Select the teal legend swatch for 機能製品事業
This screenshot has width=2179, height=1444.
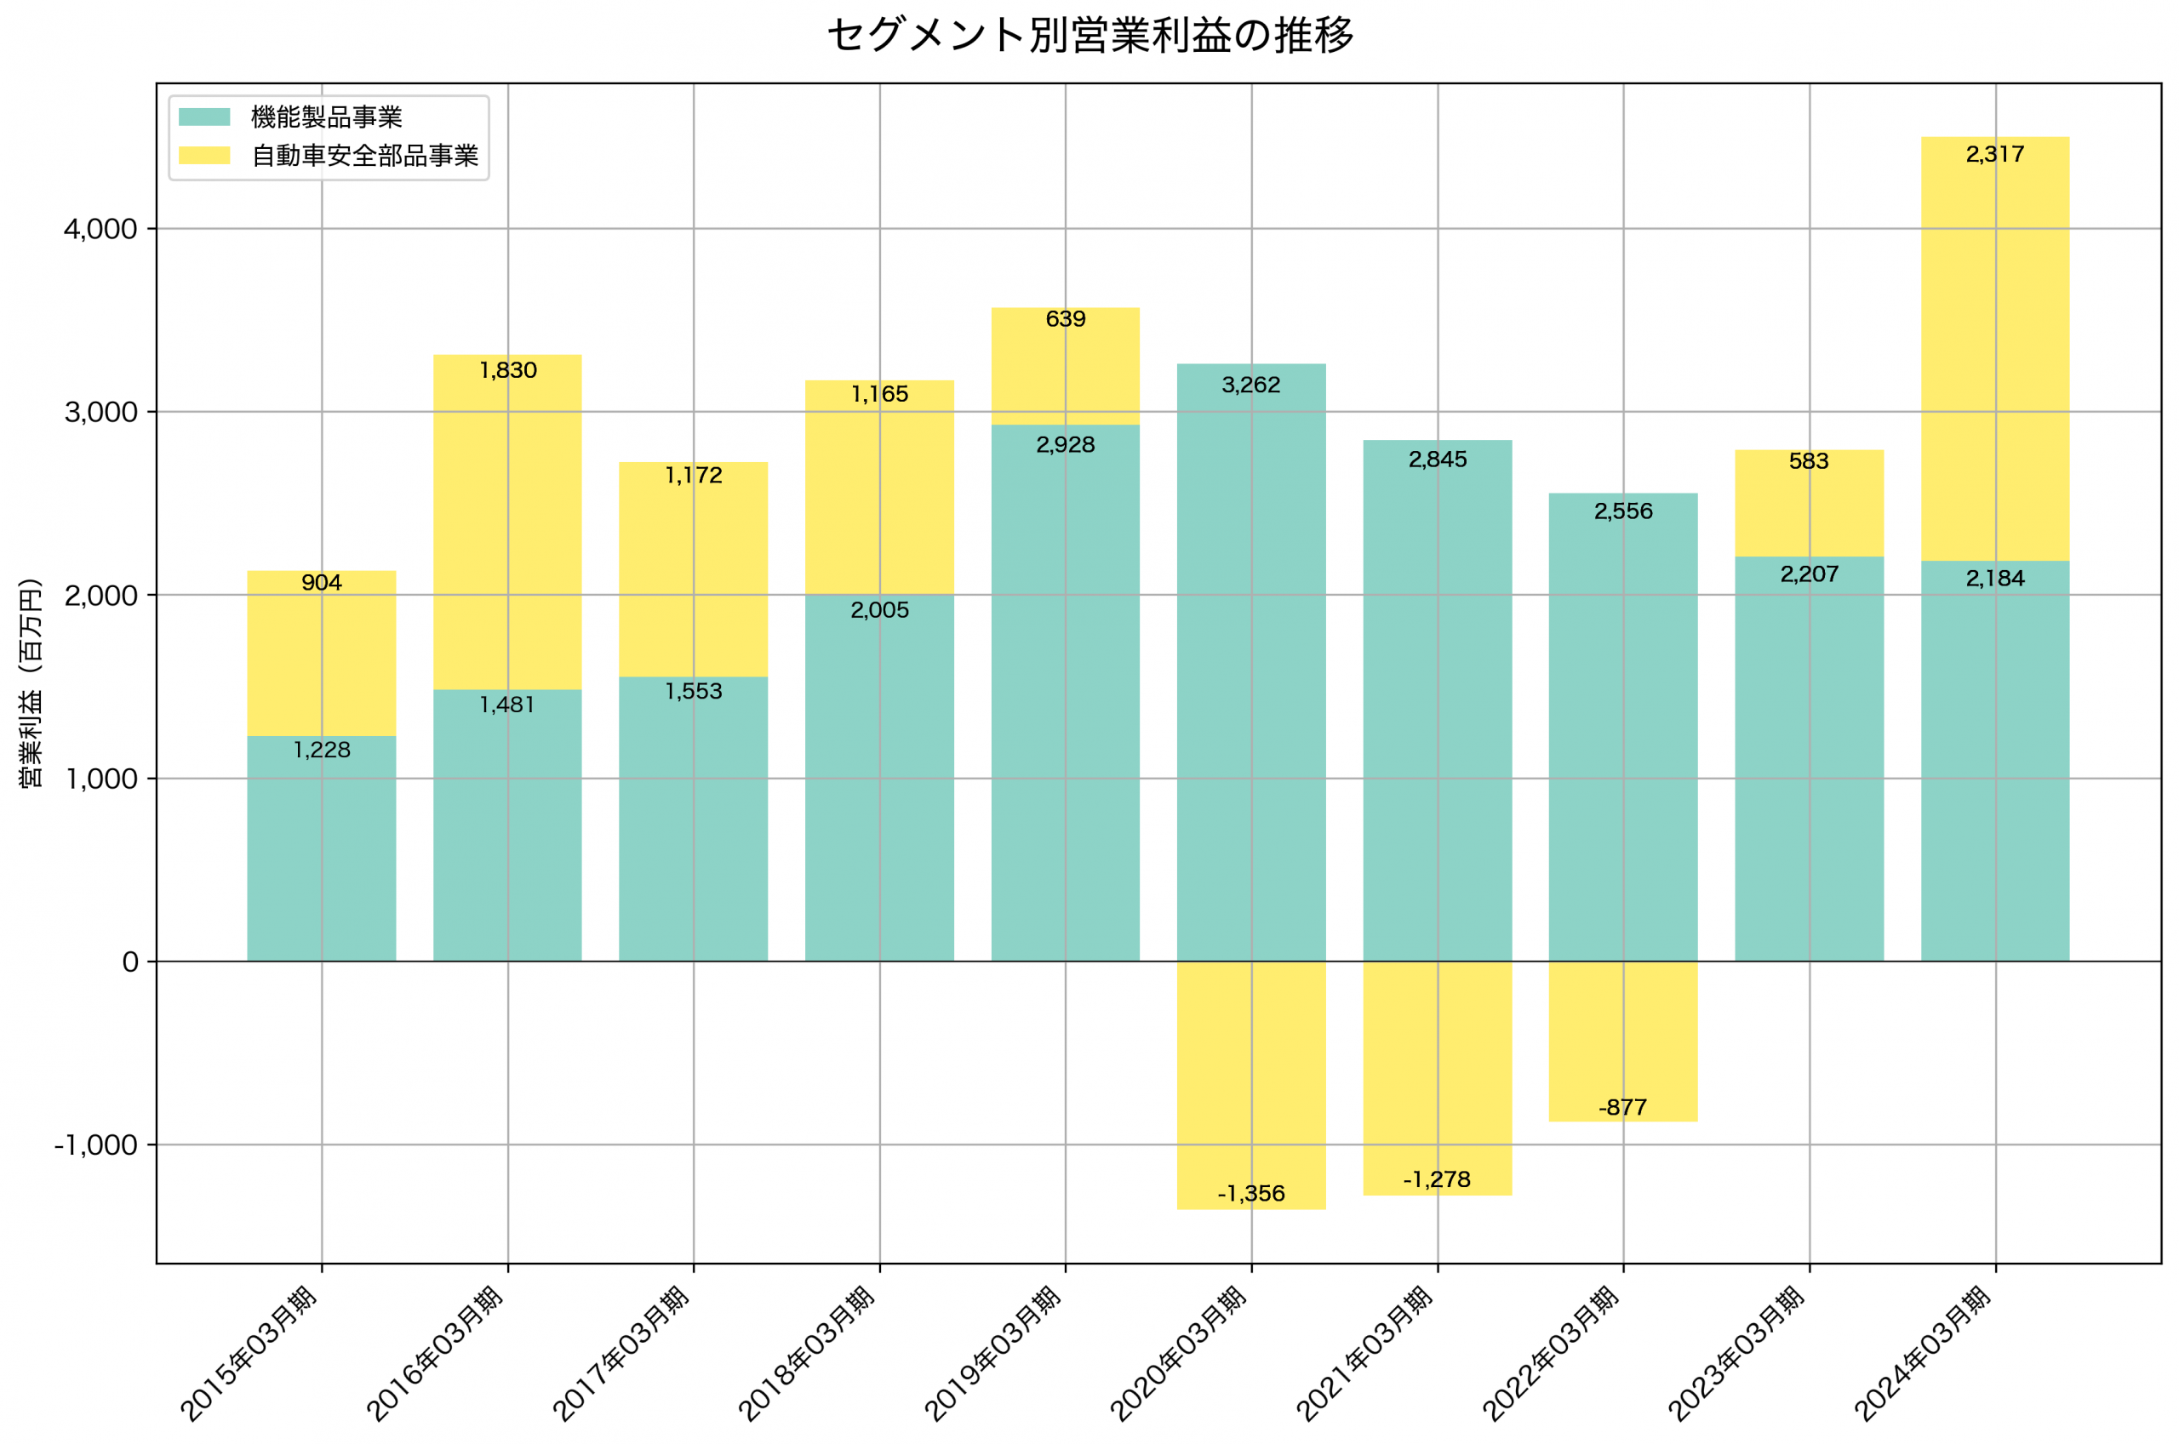click(204, 117)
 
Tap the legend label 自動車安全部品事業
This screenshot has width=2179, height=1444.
click(364, 156)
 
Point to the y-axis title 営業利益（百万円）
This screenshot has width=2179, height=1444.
click(31, 682)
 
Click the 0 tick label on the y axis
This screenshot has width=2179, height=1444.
click(130, 962)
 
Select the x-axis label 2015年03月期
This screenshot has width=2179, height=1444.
click(249, 1354)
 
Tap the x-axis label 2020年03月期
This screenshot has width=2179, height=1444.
click(1178, 1354)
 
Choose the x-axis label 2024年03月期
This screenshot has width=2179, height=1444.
click(1922, 1354)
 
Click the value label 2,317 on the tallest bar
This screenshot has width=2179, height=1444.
click(1994, 155)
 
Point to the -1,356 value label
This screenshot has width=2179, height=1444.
click(1250, 1195)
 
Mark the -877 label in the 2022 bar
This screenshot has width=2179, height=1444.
click(1622, 1108)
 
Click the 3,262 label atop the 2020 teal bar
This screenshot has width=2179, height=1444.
click(1250, 385)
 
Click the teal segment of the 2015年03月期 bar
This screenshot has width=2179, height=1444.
click(322, 857)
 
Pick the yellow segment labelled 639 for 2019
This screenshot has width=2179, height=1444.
click(1066, 368)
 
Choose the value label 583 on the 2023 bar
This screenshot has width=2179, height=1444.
click(1809, 461)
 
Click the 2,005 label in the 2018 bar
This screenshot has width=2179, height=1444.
click(879, 609)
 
